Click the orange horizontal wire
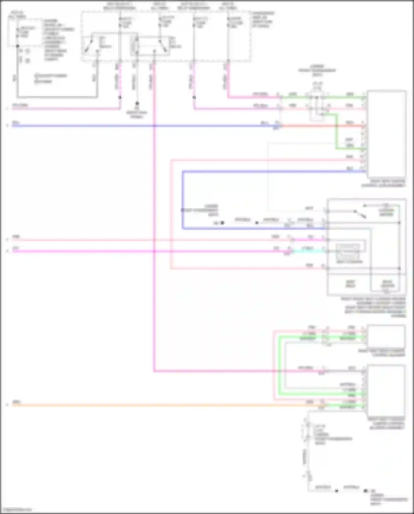tap(166, 405)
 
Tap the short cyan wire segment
tap(306, 251)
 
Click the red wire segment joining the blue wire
tap(320, 126)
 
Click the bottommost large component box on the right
tap(386, 388)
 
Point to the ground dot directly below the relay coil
tap(137, 104)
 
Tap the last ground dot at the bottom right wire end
tap(365, 491)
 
